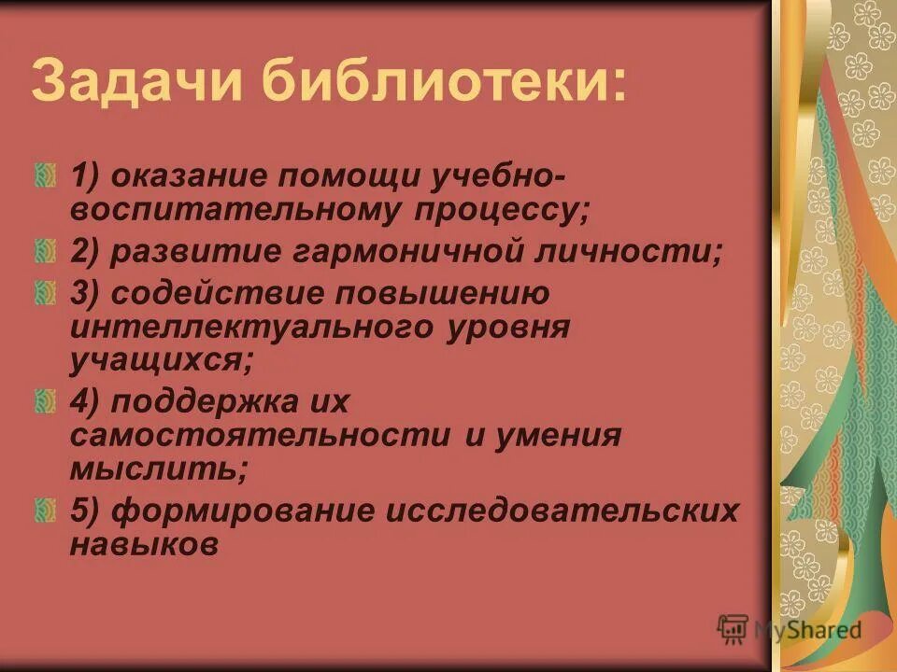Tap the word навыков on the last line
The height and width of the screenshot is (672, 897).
pos(144,544)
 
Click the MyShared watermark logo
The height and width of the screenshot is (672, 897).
pos(787,628)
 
